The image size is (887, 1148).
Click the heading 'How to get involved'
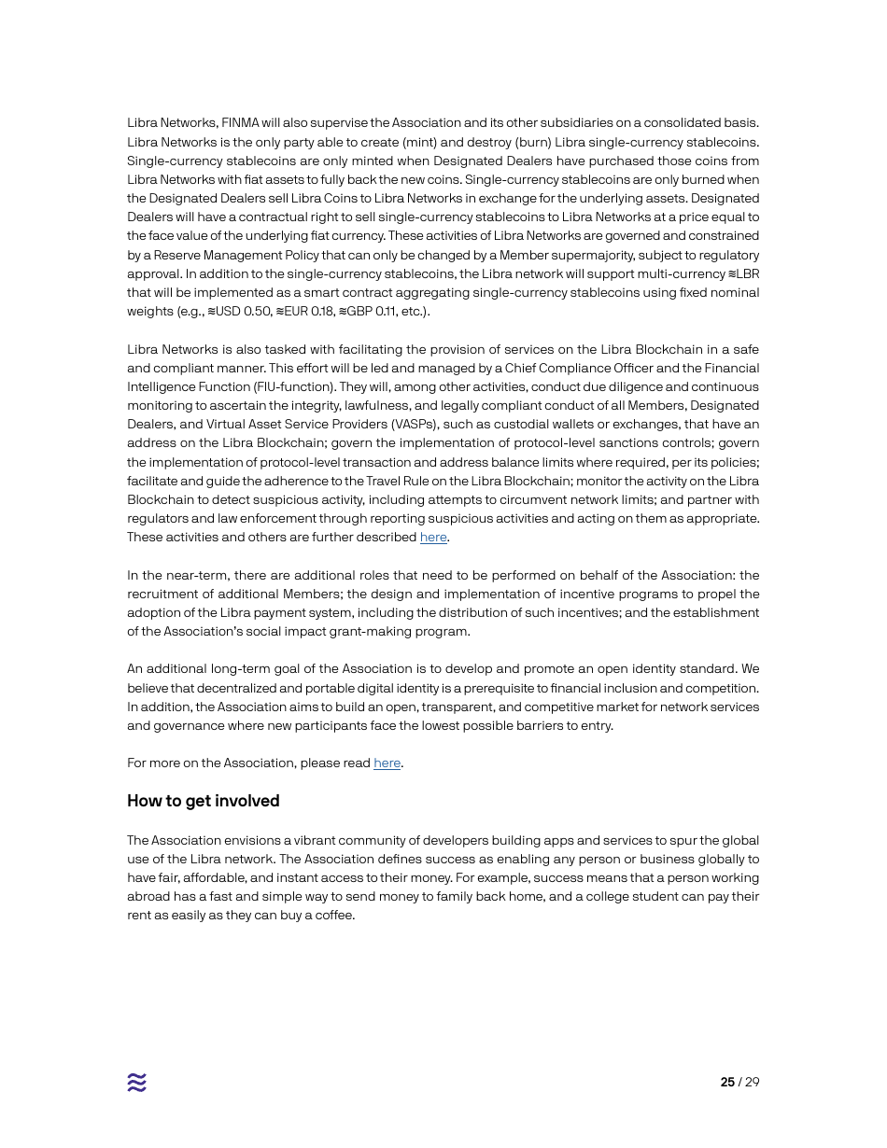pos(203,801)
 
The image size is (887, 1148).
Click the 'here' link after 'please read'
pos(387,763)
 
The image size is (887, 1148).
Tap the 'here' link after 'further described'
pos(433,538)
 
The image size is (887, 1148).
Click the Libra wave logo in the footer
pos(137,1082)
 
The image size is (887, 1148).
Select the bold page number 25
pos(727,1083)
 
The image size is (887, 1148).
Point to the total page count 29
pos(752,1083)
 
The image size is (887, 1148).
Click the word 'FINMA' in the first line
pos(240,123)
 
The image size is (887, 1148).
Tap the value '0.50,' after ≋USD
pos(258,312)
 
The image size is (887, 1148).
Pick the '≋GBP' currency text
pos(355,312)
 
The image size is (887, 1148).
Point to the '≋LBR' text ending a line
pos(743,274)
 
